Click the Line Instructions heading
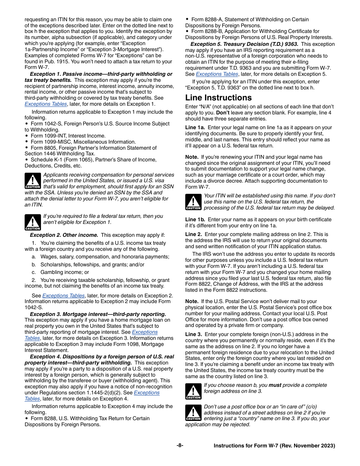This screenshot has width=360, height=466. [218, 98]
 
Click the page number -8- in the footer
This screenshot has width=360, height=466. [180, 446]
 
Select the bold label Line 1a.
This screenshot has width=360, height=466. [195, 128]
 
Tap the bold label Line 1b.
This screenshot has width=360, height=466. [195, 219]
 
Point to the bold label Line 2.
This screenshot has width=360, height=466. [193, 235]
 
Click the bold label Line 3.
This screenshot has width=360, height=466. [193, 334]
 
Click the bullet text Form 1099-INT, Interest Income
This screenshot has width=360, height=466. [68, 136]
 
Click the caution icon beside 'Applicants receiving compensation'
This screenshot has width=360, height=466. [33, 181]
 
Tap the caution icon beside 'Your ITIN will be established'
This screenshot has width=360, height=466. [193, 202]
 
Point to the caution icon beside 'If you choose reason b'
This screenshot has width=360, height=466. [193, 391]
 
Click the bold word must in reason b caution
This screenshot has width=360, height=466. [275, 385]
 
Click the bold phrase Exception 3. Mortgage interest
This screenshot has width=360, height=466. [98, 314]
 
